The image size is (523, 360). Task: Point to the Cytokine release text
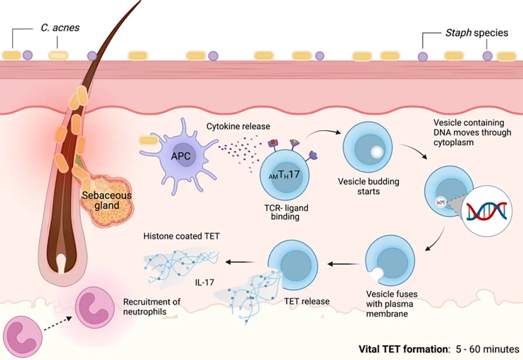238,126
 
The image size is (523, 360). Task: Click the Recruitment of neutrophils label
152,306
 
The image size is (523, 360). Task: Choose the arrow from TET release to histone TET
240,262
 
